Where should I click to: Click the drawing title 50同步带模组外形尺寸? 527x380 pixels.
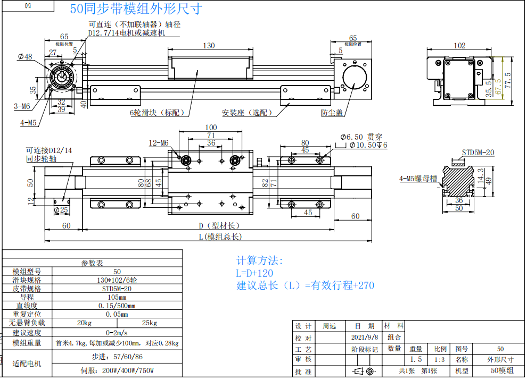click(136, 10)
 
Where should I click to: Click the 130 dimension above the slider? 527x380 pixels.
click(209, 46)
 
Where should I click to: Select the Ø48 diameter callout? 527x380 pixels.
click(25, 57)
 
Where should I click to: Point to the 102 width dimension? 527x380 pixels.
click(459, 46)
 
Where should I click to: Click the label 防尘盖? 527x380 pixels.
click(332, 113)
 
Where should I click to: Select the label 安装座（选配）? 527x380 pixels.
click(246, 113)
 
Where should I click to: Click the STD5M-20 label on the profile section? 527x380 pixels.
click(477, 153)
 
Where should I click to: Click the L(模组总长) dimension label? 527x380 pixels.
click(220, 237)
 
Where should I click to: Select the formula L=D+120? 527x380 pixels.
click(255, 273)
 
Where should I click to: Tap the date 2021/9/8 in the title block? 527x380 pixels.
click(365, 337)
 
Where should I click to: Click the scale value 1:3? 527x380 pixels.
click(440, 359)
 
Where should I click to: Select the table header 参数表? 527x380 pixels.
click(93, 263)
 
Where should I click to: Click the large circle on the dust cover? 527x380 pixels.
click(353, 77)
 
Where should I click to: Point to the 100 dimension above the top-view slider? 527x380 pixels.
click(211, 128)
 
